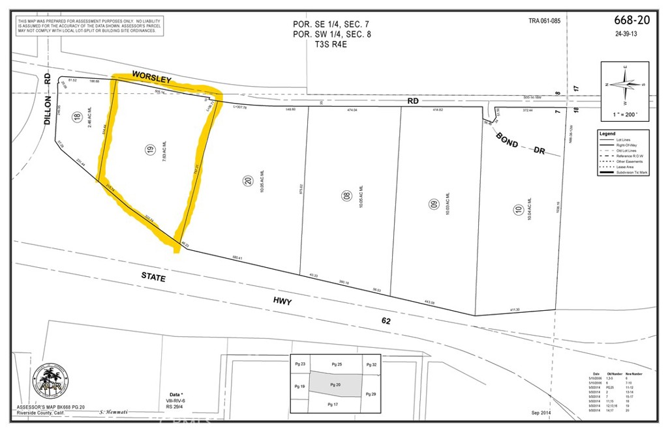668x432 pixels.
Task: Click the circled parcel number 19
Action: pyautogui.click(x=149, y=150)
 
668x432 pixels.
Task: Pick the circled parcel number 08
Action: pyautogui.click(x=346, y=194)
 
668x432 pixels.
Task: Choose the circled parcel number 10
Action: pyautogui.click(x=518, y=210)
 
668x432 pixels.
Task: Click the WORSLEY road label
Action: pyautogui.click(x=151, y=77)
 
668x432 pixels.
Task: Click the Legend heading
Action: pyautogui.click(x=607, y=134)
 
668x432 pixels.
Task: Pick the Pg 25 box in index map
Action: pyautogui.click(x=336, y=364)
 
